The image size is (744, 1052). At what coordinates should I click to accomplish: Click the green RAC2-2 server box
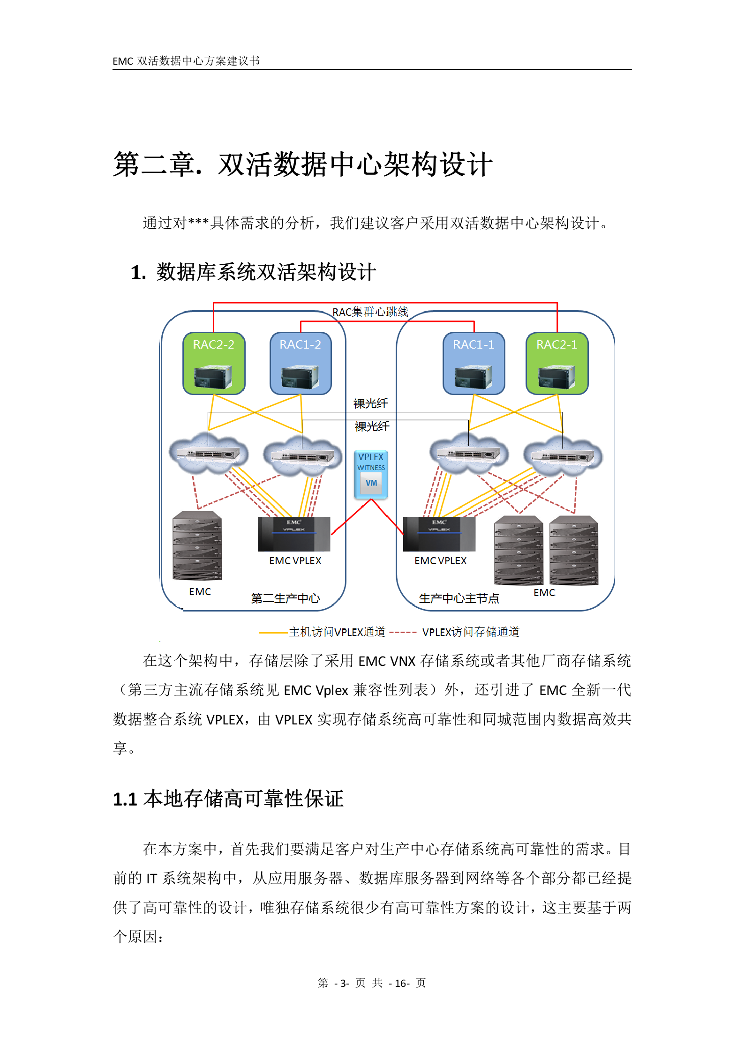click(214, 363)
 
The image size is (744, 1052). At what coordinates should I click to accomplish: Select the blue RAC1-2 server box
click(301, 363)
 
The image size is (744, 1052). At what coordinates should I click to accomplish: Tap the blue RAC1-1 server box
click(473, 363)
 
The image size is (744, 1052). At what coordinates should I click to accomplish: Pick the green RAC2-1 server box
click(557, 363)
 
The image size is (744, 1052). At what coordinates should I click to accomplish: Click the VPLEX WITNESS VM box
click(371, 474)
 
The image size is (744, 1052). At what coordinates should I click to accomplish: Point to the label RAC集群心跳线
click(370, 312)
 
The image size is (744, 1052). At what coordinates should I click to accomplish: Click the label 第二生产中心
click(285, 598)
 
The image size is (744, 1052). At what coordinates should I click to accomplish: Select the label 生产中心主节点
click(458, 598)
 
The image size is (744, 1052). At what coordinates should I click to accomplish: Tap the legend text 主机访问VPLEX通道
click(337, 632)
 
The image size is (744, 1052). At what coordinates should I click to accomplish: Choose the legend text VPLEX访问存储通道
click(471, 632)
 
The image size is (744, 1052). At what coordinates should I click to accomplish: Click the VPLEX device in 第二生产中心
click(294, 534)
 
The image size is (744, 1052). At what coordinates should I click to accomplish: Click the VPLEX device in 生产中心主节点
click(439, 534)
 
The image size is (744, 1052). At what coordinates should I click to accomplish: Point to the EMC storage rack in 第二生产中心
click(197, 546)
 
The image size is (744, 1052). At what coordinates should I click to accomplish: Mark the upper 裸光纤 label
click(370, 403)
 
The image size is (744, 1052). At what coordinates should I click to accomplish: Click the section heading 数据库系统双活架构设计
click(266, 272)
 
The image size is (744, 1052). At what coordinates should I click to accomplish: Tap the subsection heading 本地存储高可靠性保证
click(243, 799)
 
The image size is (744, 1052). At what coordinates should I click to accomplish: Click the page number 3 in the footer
click(344, 983)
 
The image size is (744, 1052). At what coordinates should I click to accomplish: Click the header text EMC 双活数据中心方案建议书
click(186, 61)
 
